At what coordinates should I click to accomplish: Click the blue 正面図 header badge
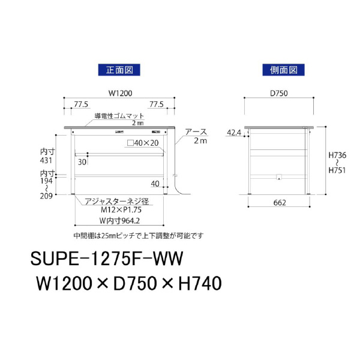click(119, 70)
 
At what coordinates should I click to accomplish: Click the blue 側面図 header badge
click(283, 70)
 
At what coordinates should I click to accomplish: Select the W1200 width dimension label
click(121, 93)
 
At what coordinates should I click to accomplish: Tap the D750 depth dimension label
click(279, 93)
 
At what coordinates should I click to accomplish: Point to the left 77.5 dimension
click(81, 104)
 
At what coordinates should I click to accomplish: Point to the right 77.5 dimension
click(157, 104)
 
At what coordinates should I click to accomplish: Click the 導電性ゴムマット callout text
click(119, 116)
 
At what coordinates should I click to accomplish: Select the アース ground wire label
click(196, 132)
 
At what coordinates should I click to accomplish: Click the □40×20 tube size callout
click(143, 143)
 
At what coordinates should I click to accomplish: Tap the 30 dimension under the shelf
click(82, 162)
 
